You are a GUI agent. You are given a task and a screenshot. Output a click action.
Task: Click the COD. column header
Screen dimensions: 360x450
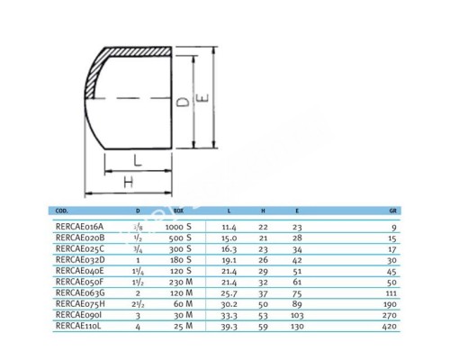pos(62,208)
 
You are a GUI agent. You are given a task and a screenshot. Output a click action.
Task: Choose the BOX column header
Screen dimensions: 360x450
pos(178,208)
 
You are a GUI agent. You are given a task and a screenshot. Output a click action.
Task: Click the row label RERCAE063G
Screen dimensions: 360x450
pos(79,292)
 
